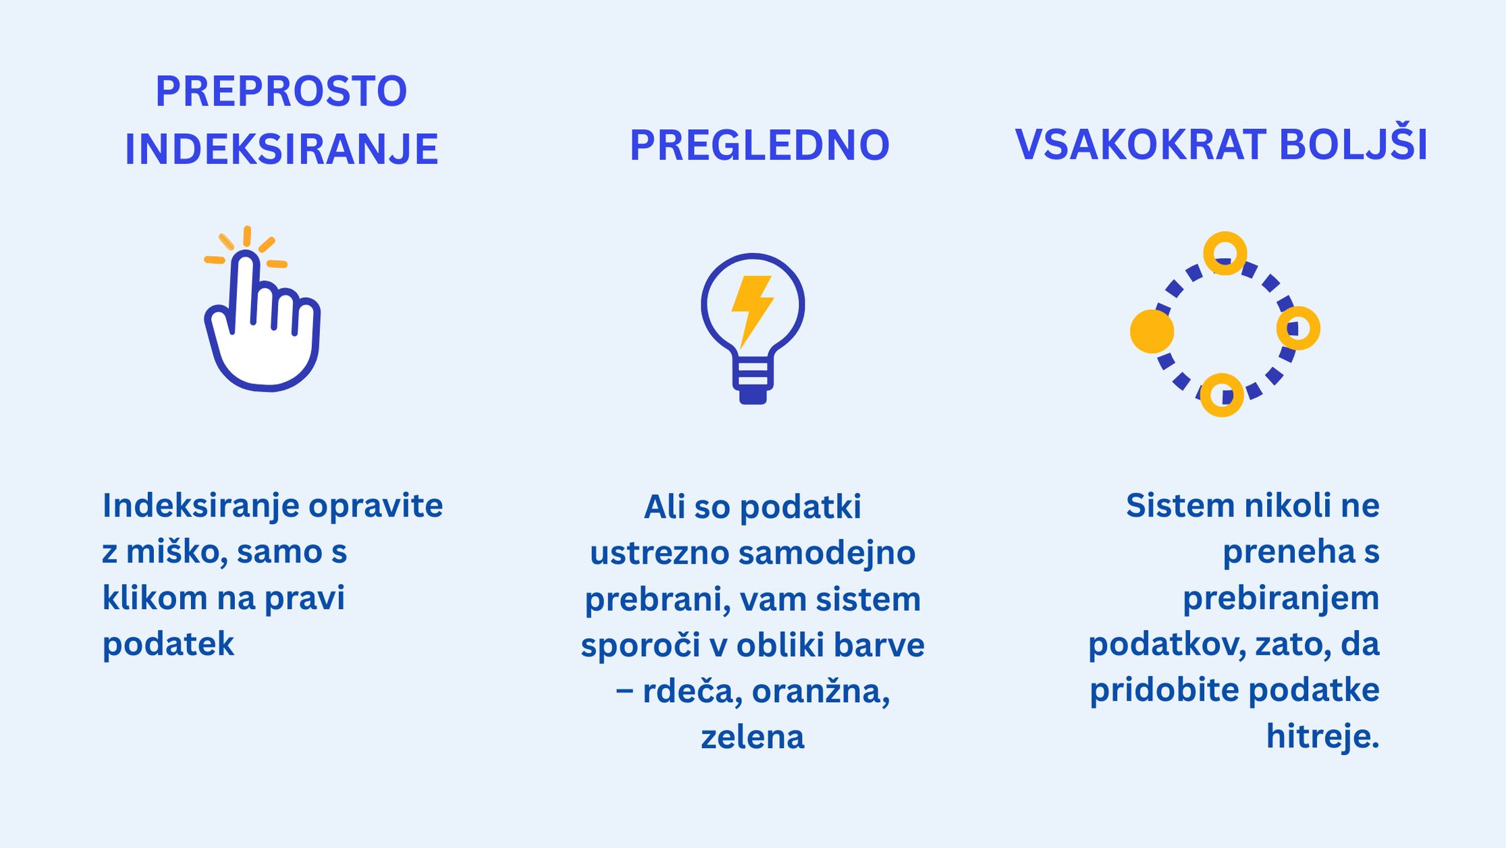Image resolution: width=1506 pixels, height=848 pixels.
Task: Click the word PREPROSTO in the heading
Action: pos(281,91)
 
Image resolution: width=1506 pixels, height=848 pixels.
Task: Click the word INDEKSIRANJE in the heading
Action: pos(281,149)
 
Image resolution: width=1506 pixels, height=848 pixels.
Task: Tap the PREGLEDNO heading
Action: pos(759,145)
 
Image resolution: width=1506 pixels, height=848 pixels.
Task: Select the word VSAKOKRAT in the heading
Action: pos(1140,145)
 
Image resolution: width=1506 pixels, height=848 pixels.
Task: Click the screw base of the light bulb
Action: pos(753,381)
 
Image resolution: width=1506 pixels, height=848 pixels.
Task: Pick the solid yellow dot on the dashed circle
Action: pos(1152,332)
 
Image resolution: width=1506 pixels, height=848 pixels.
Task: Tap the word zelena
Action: pos(753,737)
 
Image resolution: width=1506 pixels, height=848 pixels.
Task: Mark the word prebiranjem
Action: pos(1281,598)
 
